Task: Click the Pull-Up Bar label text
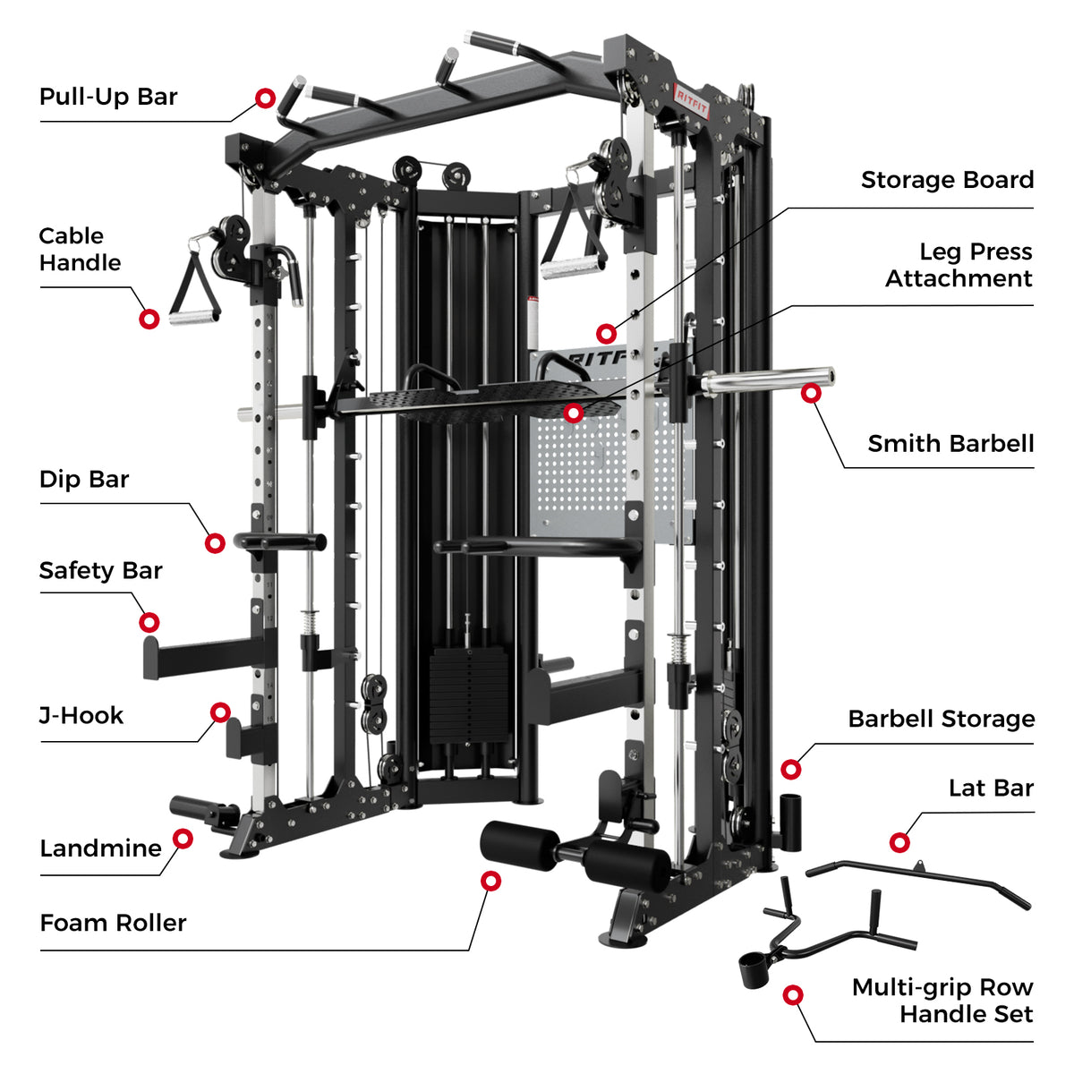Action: tap(108, 97)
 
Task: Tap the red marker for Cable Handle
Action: tap(149, 319)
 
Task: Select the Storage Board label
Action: tap(947, 180)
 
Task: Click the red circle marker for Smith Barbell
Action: tap(811, 392)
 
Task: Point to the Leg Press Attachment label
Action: tap(959, 265)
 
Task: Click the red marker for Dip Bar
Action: tap(215, 543)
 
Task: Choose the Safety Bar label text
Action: tap(100, 570)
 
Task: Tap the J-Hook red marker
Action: tap(220, 712)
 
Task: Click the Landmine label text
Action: tap(100, 848)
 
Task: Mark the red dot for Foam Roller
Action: tap(490, 881)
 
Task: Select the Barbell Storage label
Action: tap(941, 719)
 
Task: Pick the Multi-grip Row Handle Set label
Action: tap(942, 1001)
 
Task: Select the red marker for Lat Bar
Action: tap(899, 842)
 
